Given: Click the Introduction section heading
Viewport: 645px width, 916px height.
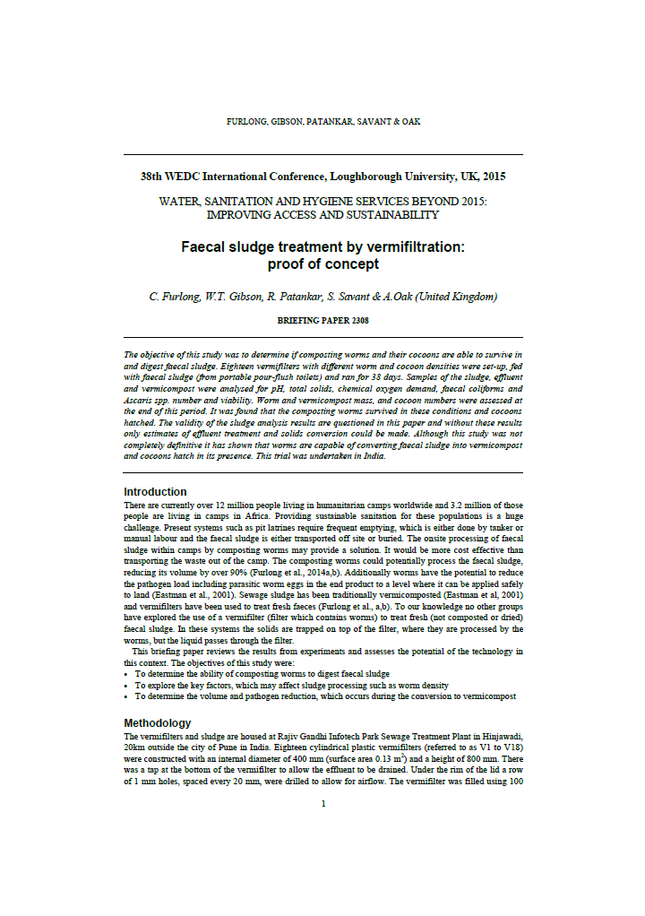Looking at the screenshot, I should pos(155,492).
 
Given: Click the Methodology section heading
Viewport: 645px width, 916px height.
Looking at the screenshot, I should pos(157,722).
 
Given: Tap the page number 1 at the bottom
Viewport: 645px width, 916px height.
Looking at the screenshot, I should pos(322,803).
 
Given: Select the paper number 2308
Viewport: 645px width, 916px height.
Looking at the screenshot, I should pos(356,319).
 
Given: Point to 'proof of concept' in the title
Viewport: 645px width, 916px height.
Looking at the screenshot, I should pos(322,264).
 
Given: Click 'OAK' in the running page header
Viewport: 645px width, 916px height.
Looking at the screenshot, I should pos(411,122).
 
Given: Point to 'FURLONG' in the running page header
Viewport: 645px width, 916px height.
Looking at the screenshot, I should pos(246,122).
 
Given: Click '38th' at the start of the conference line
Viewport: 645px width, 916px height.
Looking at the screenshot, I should pos(156,177).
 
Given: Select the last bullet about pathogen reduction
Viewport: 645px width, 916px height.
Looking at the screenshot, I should pos(324,696).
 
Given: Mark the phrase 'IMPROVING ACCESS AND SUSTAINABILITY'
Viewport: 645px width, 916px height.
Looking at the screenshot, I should pos(322,215).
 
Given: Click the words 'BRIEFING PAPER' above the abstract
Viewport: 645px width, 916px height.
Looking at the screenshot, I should pos(310,319).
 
